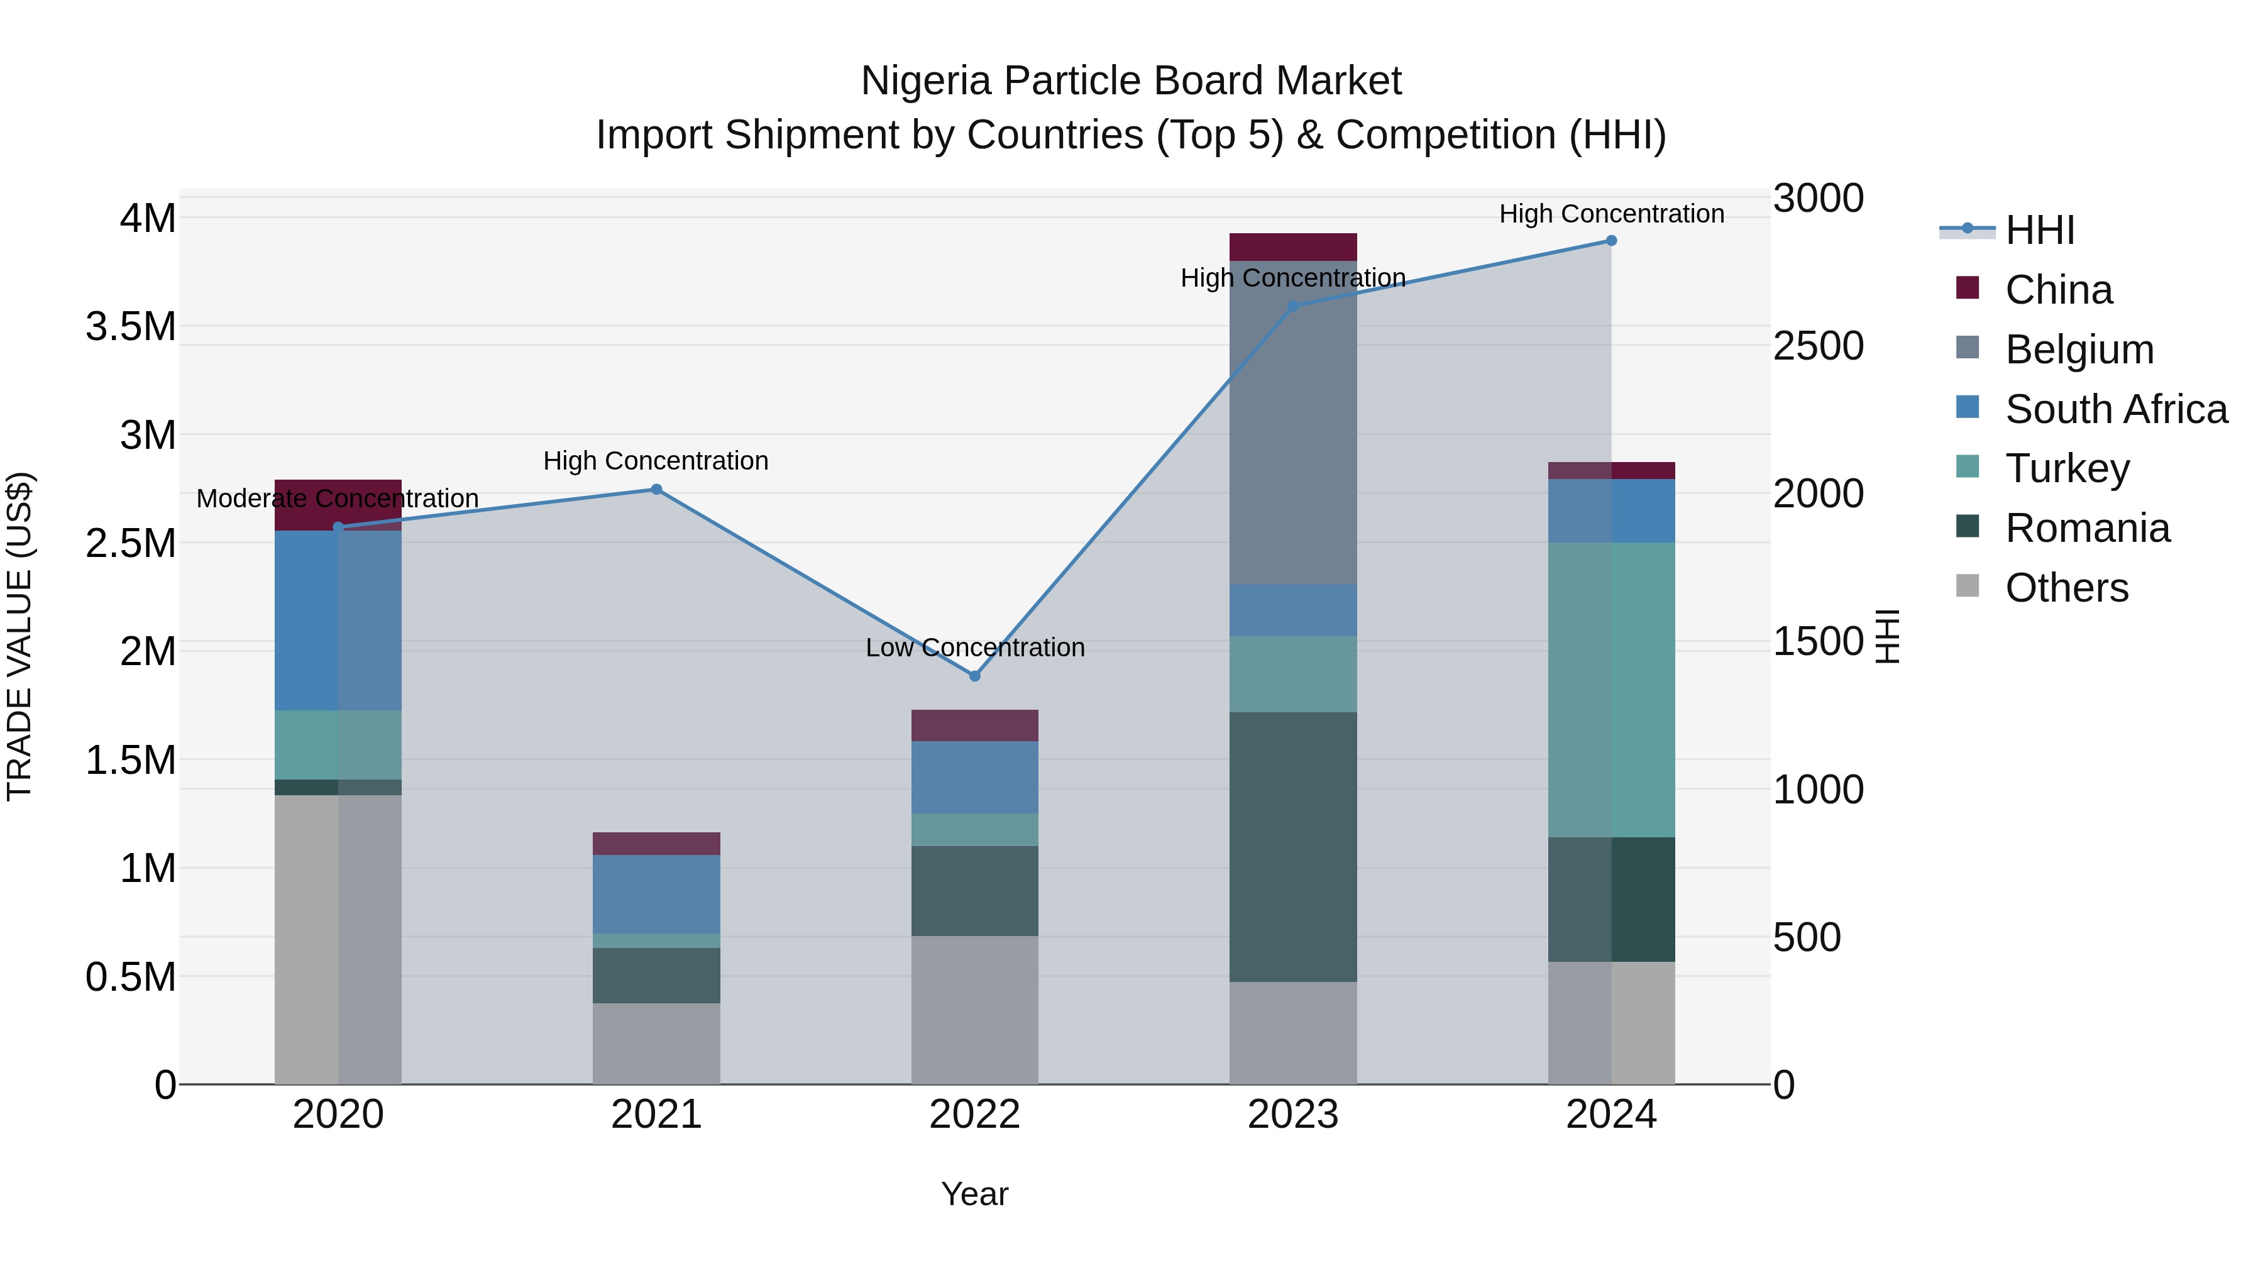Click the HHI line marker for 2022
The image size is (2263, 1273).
pos(974,676)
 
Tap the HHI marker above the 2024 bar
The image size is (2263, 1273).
pos(1611,241)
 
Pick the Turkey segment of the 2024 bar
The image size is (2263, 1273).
pos(1611,690)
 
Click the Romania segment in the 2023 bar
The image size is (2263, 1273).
pos(1292,846)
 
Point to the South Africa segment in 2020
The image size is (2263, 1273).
pos(338,620)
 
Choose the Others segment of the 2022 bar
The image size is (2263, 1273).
pos(974,1010)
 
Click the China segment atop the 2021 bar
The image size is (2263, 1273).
pos(656,844)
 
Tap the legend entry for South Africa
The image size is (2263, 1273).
pos(2115,409)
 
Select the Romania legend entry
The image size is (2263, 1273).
pos(2086,528)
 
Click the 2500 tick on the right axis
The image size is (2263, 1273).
pos(1817,346)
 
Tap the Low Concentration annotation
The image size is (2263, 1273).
pos(974,648)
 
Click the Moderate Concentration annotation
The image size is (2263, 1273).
pos(338,498)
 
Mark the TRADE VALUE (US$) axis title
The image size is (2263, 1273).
pos(19,636)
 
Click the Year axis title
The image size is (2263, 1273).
pos(974,1194)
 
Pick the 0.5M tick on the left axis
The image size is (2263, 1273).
pos(130,977)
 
